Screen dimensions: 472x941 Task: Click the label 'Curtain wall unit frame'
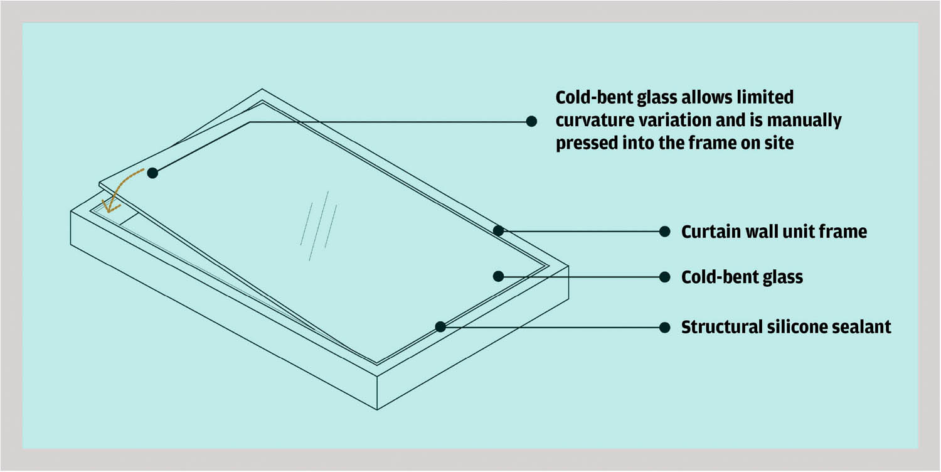point(774,232)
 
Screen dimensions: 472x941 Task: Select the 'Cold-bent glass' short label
point(742,277)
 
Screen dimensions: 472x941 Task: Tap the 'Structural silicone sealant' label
point(786,327)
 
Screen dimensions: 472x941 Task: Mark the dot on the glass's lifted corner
point(152,173)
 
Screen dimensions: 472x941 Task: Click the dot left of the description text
point(531,121)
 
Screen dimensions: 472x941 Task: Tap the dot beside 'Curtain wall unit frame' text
point(665,232)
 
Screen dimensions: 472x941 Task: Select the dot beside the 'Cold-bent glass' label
point(665,277)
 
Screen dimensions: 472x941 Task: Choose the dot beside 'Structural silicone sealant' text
point(665,327)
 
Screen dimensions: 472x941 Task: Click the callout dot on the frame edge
point(498,230)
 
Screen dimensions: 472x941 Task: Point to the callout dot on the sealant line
point(440,326)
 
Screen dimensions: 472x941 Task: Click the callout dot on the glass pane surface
point(498,276)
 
